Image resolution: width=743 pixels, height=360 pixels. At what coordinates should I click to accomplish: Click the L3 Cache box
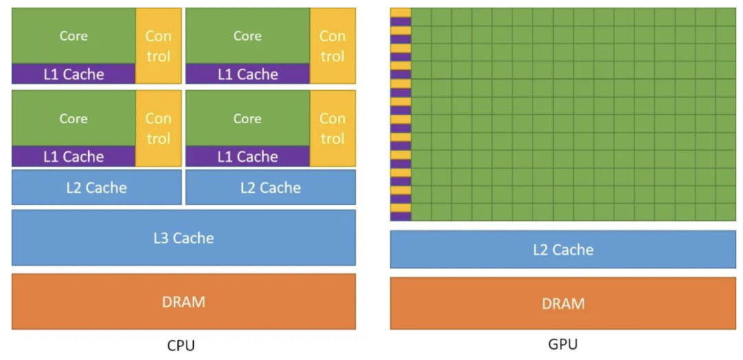[184, 237]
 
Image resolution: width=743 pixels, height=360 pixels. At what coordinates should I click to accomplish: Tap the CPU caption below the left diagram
[181, 345]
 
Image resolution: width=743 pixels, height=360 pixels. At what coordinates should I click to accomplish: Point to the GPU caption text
[563, 343]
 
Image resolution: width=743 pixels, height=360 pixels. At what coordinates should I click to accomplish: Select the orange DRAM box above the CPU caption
[184, 301]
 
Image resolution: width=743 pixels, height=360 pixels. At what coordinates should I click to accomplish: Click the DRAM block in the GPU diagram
[563, 303]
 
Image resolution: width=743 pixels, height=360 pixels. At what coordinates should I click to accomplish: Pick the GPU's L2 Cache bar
[563, 249]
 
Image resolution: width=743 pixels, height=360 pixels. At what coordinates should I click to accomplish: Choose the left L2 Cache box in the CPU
[96, 187]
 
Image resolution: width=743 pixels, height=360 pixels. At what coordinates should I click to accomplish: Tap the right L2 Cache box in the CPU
[270, 187]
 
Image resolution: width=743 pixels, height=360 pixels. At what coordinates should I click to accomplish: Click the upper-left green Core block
[74, 36]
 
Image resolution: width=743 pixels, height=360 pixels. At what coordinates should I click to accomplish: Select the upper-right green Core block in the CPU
[248, 36]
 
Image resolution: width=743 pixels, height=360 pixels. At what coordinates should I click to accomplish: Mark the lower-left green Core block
[74, 118]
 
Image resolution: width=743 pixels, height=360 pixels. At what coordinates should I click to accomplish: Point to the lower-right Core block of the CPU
[248, 118]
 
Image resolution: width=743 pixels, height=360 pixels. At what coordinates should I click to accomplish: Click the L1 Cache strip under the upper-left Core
[74, 74]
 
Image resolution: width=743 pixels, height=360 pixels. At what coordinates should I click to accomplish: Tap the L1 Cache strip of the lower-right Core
[248, 156]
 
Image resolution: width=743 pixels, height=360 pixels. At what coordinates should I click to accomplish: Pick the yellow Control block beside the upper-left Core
[158, 45]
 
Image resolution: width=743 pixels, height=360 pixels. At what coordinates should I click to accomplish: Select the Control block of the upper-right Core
[332, 45]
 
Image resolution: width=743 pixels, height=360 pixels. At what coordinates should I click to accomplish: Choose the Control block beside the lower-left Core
[158, 128]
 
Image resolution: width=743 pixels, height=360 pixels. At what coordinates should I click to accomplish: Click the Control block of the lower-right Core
[332, 128]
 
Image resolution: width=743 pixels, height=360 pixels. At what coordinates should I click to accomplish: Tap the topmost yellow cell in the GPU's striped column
[400, 12]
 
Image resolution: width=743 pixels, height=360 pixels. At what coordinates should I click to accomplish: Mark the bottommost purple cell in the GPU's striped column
[400, 216]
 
